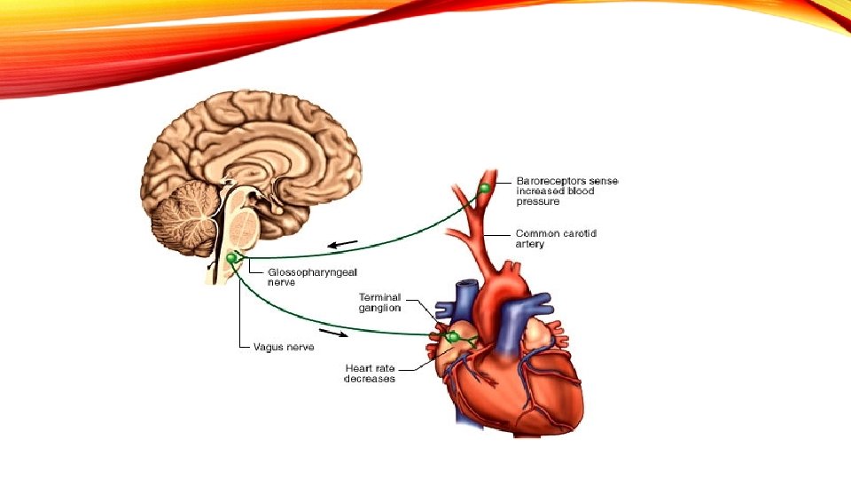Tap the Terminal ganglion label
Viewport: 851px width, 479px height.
(x=379, y=302)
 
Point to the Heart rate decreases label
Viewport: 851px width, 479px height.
(x=370, y=373)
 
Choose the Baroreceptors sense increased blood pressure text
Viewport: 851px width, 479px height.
(x=567, y=191)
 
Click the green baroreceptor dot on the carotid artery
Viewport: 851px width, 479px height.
(x=485, y=188)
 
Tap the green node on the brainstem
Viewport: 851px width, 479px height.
(x=232, y=257)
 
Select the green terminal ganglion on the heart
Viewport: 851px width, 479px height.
(x=453, y=337)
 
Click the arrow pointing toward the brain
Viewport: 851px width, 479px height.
(x=343, y=244)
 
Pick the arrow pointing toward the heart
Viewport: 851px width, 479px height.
(x=332, y=334)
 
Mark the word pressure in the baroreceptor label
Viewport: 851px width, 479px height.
(x=538, y=201)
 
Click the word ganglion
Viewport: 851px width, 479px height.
(x=379, y=308)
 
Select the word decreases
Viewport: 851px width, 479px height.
(x=370, y=379)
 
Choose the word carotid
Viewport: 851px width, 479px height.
(x=580, y=233)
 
